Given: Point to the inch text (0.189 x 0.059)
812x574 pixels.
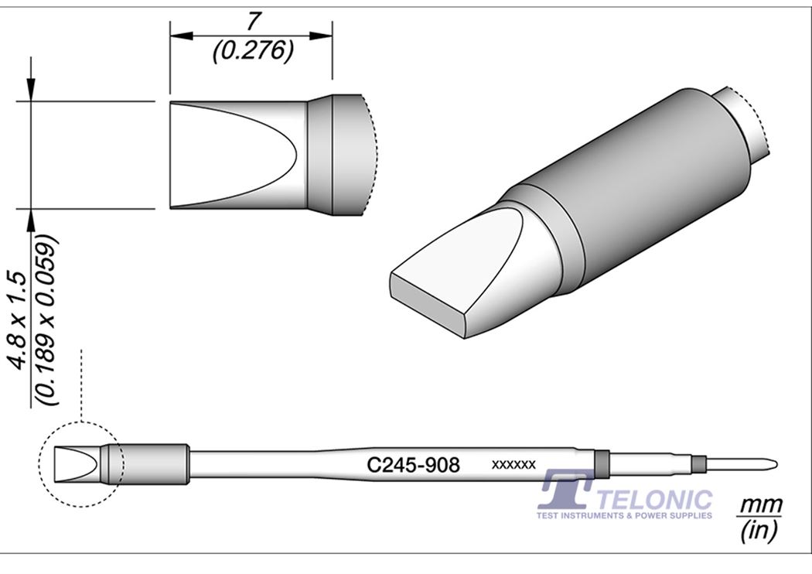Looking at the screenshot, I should click(48, 322).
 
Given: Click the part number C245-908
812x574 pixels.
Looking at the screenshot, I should click(414, 465).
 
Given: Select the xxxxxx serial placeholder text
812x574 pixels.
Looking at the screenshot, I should click(513, 465).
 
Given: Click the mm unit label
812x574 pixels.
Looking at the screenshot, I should click(760, 506).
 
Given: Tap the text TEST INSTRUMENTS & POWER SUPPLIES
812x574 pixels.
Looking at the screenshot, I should click(624, 515).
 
